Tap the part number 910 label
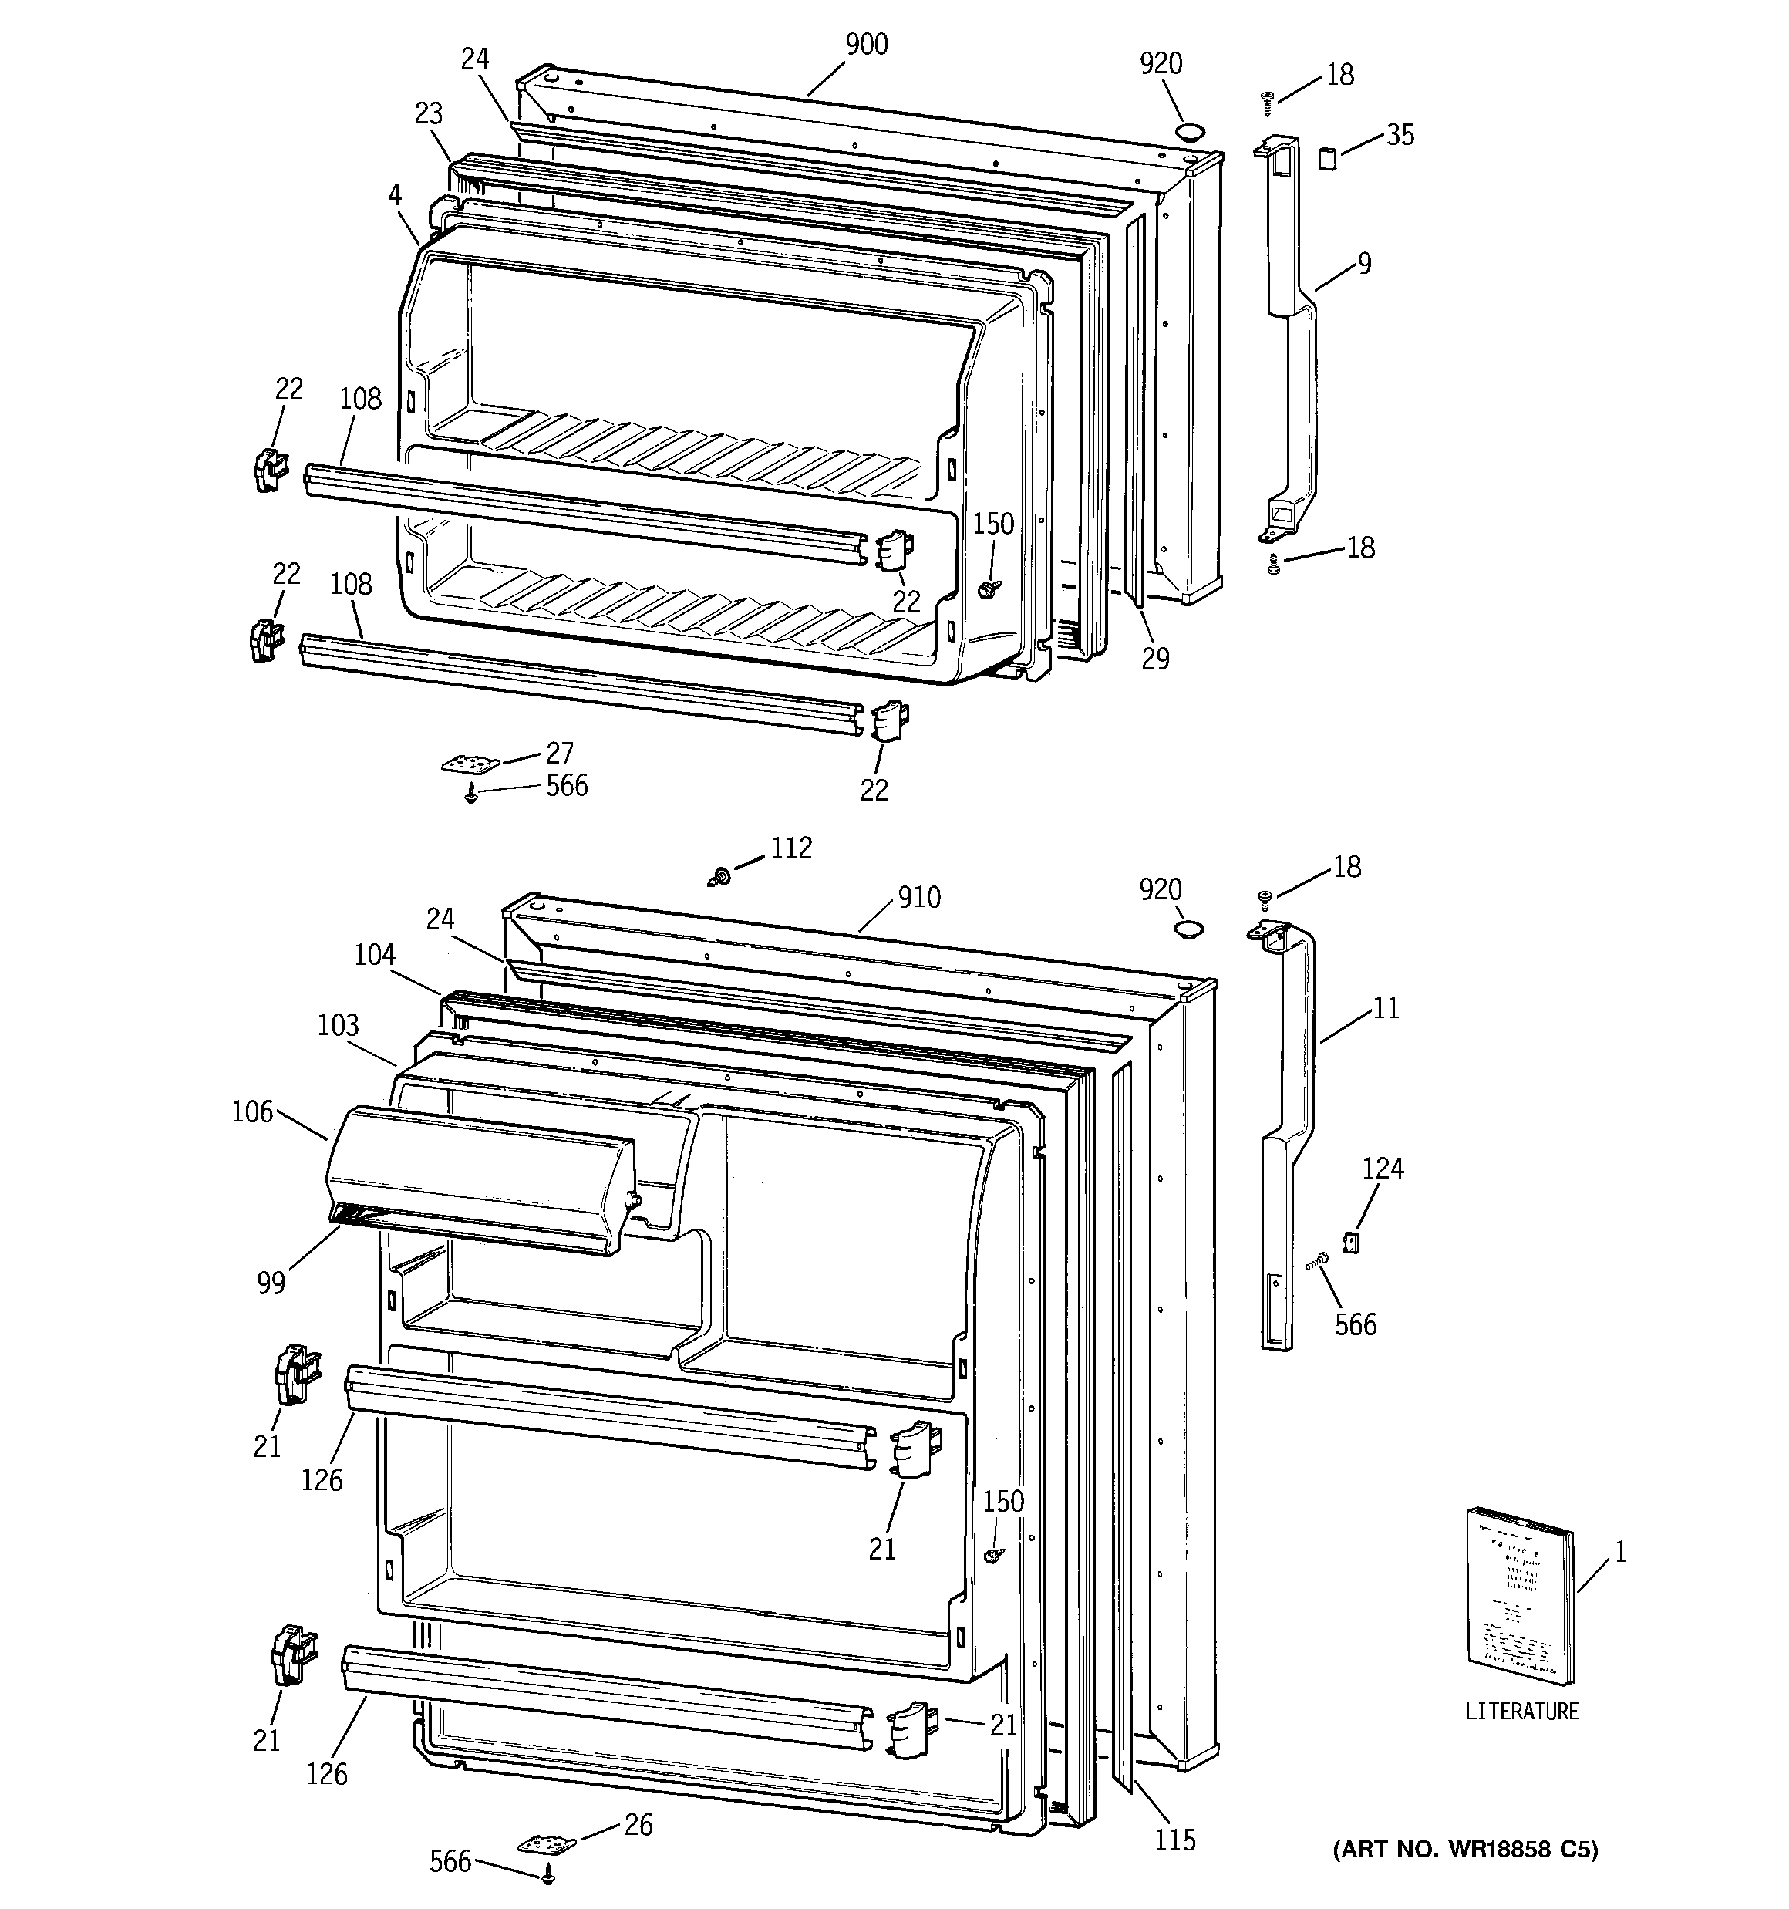click(x=919, y=898)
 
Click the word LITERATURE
click(x=1522, y=1712)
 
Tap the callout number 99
click(x=271, y=1283)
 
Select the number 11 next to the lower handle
click(x=1386, y=1008)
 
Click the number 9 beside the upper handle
click(x=1365, y=263)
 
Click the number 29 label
click(x=1155, y=658)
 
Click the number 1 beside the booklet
click(x=1620, y=1553)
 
